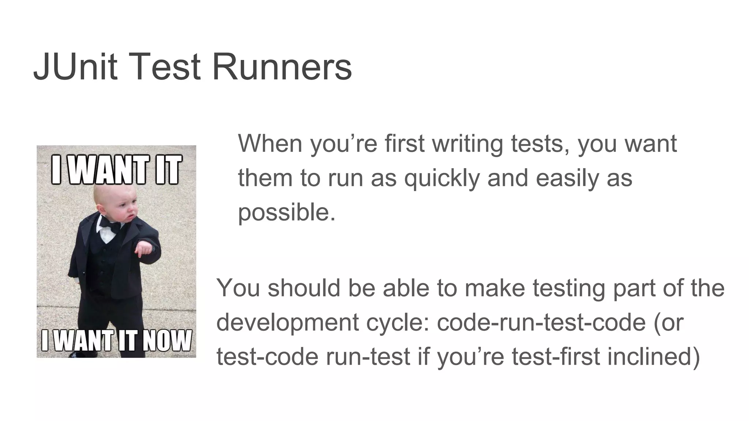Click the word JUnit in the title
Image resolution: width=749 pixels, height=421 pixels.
(75, 67)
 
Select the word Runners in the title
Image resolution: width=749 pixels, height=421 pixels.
(282, 67)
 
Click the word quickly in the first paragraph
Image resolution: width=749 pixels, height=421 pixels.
(441, 178)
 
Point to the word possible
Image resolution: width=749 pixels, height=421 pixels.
(286, 213)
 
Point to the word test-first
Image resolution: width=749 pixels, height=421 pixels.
(556, 357)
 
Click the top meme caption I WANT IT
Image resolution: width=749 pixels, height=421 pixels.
(116, 169)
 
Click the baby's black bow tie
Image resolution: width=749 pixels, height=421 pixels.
(110, 223)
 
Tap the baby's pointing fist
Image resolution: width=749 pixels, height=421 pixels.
(143, 250)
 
